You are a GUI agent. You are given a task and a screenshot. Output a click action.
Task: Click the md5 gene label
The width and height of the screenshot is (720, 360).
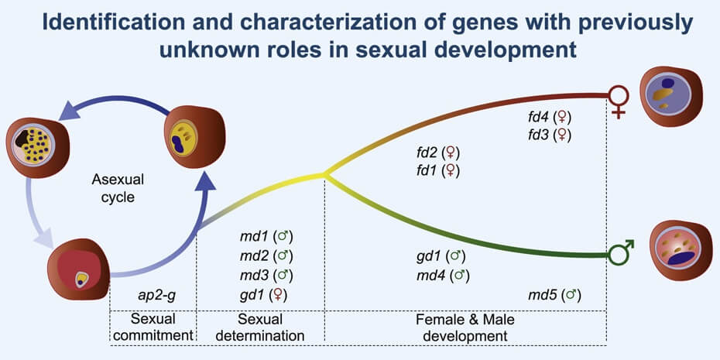540,295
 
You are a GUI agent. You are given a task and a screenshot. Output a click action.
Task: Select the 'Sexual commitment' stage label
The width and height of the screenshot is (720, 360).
153,327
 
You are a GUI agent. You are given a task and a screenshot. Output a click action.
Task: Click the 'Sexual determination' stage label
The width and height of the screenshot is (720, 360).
259,327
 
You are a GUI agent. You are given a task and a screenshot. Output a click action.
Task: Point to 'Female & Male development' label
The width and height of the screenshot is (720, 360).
465,327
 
